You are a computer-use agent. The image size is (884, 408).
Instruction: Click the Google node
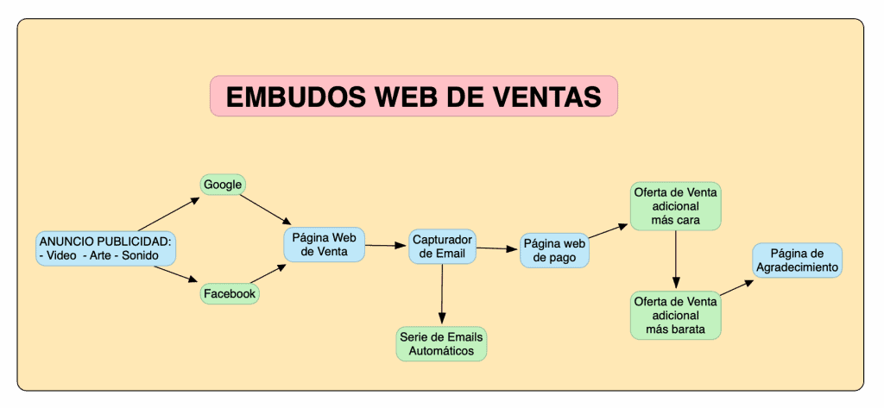coord(223,185)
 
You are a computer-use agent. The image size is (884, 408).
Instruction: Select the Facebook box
coord(230,293)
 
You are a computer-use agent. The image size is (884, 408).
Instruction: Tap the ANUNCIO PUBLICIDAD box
coord(105,248)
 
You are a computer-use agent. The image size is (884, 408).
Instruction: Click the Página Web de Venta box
coord(325,244)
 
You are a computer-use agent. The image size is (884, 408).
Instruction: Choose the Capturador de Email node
coord(443,246)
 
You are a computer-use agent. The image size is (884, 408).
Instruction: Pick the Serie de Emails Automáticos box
coord(441,344)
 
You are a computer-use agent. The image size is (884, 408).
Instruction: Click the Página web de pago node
coord(555,250)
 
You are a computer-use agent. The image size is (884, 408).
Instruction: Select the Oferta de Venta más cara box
coord(675,205)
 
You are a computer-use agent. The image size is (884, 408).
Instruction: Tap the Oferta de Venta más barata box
coord(675,315)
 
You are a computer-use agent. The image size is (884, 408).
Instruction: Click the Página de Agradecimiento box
coord(797,260)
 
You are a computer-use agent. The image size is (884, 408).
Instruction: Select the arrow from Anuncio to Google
coord(168,214)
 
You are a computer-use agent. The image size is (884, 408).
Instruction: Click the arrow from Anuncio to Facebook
coord(176,275)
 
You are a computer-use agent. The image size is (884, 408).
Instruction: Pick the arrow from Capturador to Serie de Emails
coord(442,295)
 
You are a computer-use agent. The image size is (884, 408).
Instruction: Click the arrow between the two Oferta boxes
coord(676,260)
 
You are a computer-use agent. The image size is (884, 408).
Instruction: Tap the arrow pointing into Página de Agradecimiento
coord(737,287)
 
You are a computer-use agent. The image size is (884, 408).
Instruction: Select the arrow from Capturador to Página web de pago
coord(498,248)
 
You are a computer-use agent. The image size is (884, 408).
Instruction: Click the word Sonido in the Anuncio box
coord(141,256)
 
